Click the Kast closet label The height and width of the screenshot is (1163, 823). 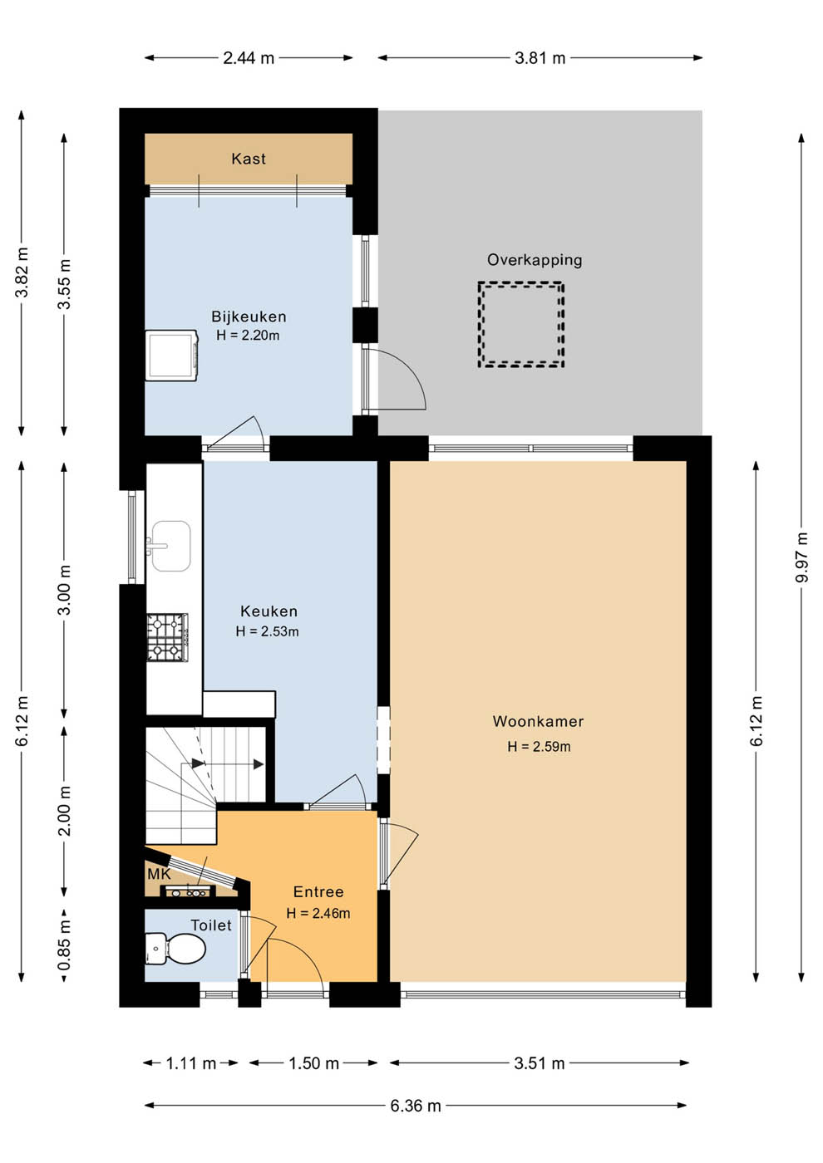(x=249, y=159)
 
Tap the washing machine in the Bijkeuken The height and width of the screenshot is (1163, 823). (x=171, y=356)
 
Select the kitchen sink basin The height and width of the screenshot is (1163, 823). (x=171, y=546)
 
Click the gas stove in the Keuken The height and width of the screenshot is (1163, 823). (x=167, y=638)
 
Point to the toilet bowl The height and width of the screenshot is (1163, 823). (x=175, y=948)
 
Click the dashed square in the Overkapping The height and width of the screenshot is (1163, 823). (x=521, y=325)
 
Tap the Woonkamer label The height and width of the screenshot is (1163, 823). (x=539, y=721)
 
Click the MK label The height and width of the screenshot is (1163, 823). (x=159, y=874)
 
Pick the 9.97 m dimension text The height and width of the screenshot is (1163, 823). (x=801, y=557)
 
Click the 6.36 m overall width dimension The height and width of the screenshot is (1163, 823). (x=416, y=1106)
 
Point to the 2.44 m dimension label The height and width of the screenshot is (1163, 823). (x=249, y=57)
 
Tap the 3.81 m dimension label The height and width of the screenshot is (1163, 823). (x=540, y=57)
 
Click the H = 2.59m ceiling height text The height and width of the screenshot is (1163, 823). (x=539, y=747)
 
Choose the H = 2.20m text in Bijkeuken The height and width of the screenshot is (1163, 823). (x=248, y=336)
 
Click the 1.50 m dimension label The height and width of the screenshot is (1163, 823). (x=314, y=1062)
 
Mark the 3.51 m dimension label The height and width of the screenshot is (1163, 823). (x=540, y=1062)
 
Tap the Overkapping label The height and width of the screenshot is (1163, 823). (x=535, y=259)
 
